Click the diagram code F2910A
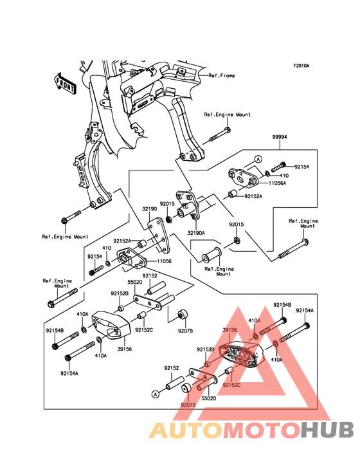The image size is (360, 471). point(301,66)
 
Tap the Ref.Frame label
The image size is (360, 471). point(221,75)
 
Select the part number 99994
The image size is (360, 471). point(279,137)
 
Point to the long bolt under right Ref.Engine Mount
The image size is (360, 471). point(292,251)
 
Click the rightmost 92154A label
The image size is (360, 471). point(305,310)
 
